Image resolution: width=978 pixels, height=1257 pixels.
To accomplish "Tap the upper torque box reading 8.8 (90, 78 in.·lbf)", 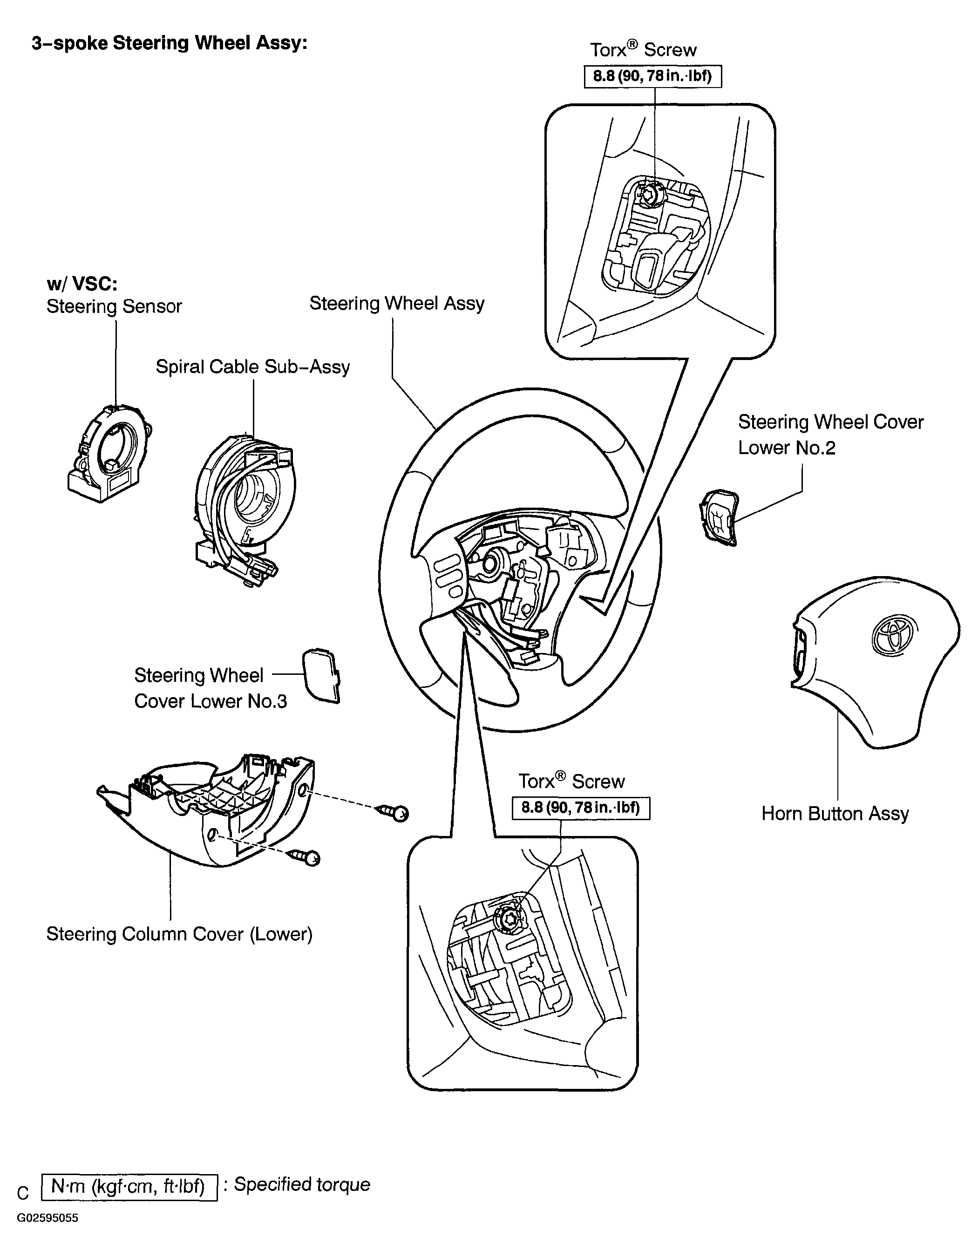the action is click(x=653, y=76).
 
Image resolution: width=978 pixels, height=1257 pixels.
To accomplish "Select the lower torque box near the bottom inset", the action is click(x=581, y=808).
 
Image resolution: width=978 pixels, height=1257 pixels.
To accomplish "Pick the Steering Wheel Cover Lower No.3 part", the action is click(x=321, y=676).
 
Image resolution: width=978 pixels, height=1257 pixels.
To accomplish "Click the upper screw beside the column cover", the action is click(x=393, y=812).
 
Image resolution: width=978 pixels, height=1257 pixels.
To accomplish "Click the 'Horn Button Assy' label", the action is click(x=835, y=814).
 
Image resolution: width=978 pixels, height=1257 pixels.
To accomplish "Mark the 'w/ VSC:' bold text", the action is click(x=82, y=284).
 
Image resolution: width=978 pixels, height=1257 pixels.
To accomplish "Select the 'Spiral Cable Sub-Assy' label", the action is click(x=253, y=367).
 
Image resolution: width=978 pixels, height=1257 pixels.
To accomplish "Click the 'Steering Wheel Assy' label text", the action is click(x=397, y=303).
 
